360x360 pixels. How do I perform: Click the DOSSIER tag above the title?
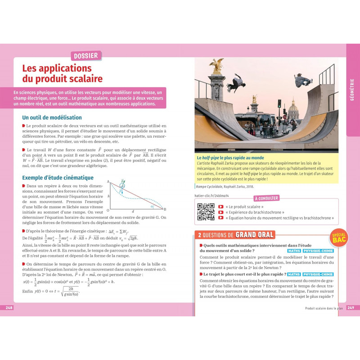86,56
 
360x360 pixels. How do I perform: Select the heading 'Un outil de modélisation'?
52,117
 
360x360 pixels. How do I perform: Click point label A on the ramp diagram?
108,182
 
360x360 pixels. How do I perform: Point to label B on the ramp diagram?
165,209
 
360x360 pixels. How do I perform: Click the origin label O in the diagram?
108,210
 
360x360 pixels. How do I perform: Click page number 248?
9,307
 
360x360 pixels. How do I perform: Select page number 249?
351,307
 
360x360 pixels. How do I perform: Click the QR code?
206,212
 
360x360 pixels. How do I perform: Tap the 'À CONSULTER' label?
267,198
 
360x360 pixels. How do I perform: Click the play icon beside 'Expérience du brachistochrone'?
220,212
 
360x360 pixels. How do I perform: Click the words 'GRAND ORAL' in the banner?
255,234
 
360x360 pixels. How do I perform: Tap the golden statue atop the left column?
217,66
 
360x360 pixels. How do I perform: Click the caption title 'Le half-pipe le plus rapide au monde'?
230,158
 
